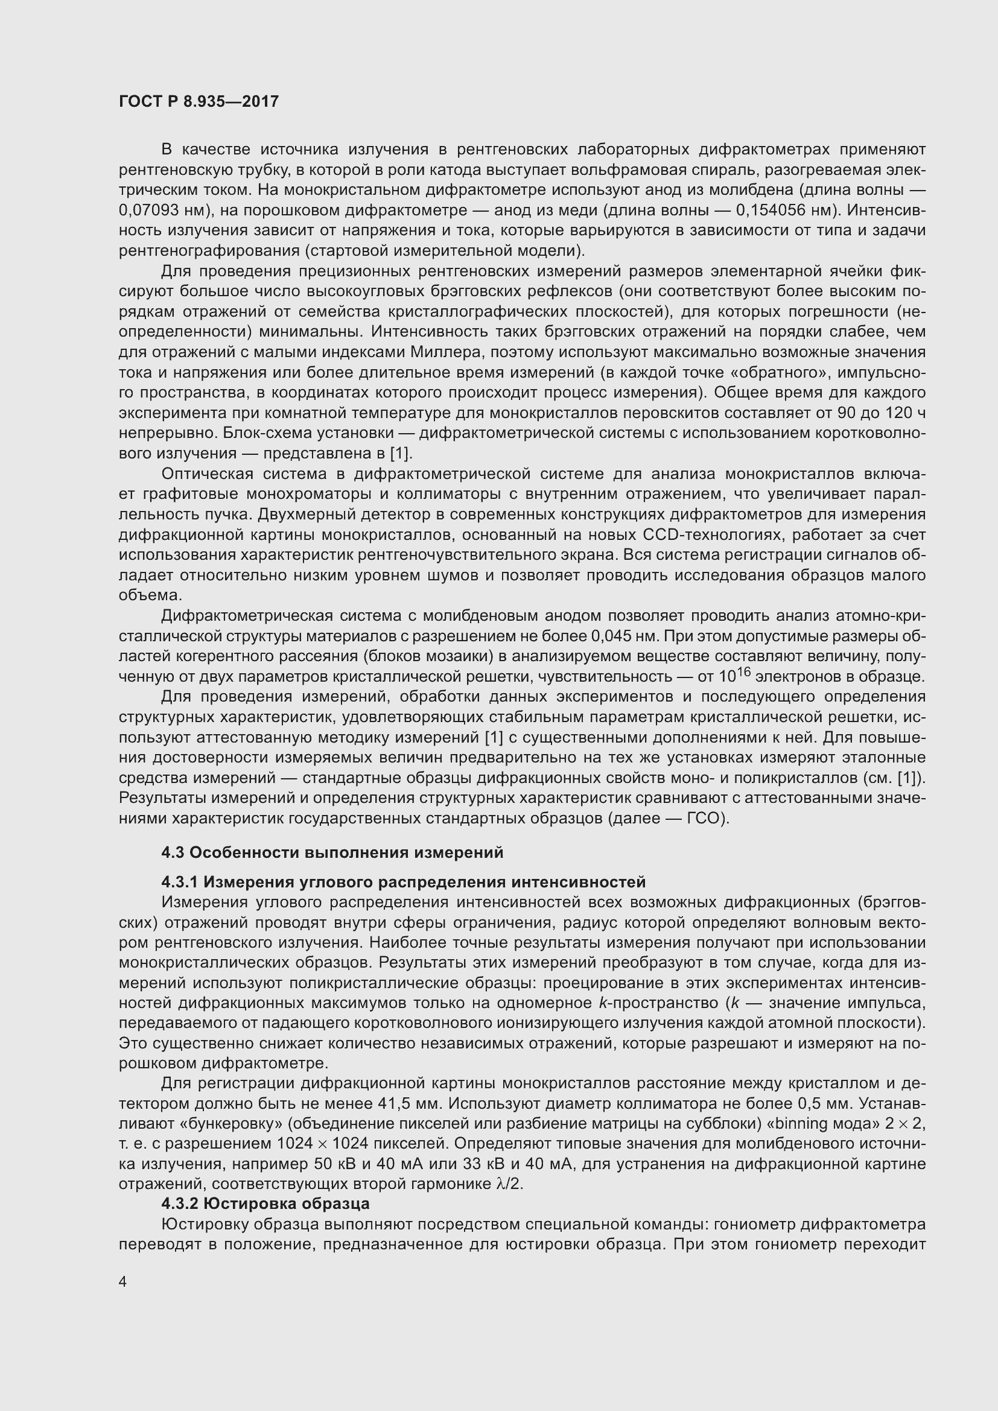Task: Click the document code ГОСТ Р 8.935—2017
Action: coord(199,101)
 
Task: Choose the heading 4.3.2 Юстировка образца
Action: coord(265,1203)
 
